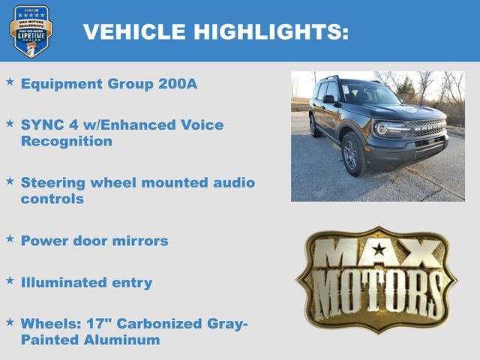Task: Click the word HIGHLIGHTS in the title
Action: [x=268, y=32]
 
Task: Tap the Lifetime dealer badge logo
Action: [x=31, y=31]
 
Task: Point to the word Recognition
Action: [x=67, y=141]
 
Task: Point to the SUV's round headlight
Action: [x=381, y=128]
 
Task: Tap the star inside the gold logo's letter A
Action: [x=379, y=249]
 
